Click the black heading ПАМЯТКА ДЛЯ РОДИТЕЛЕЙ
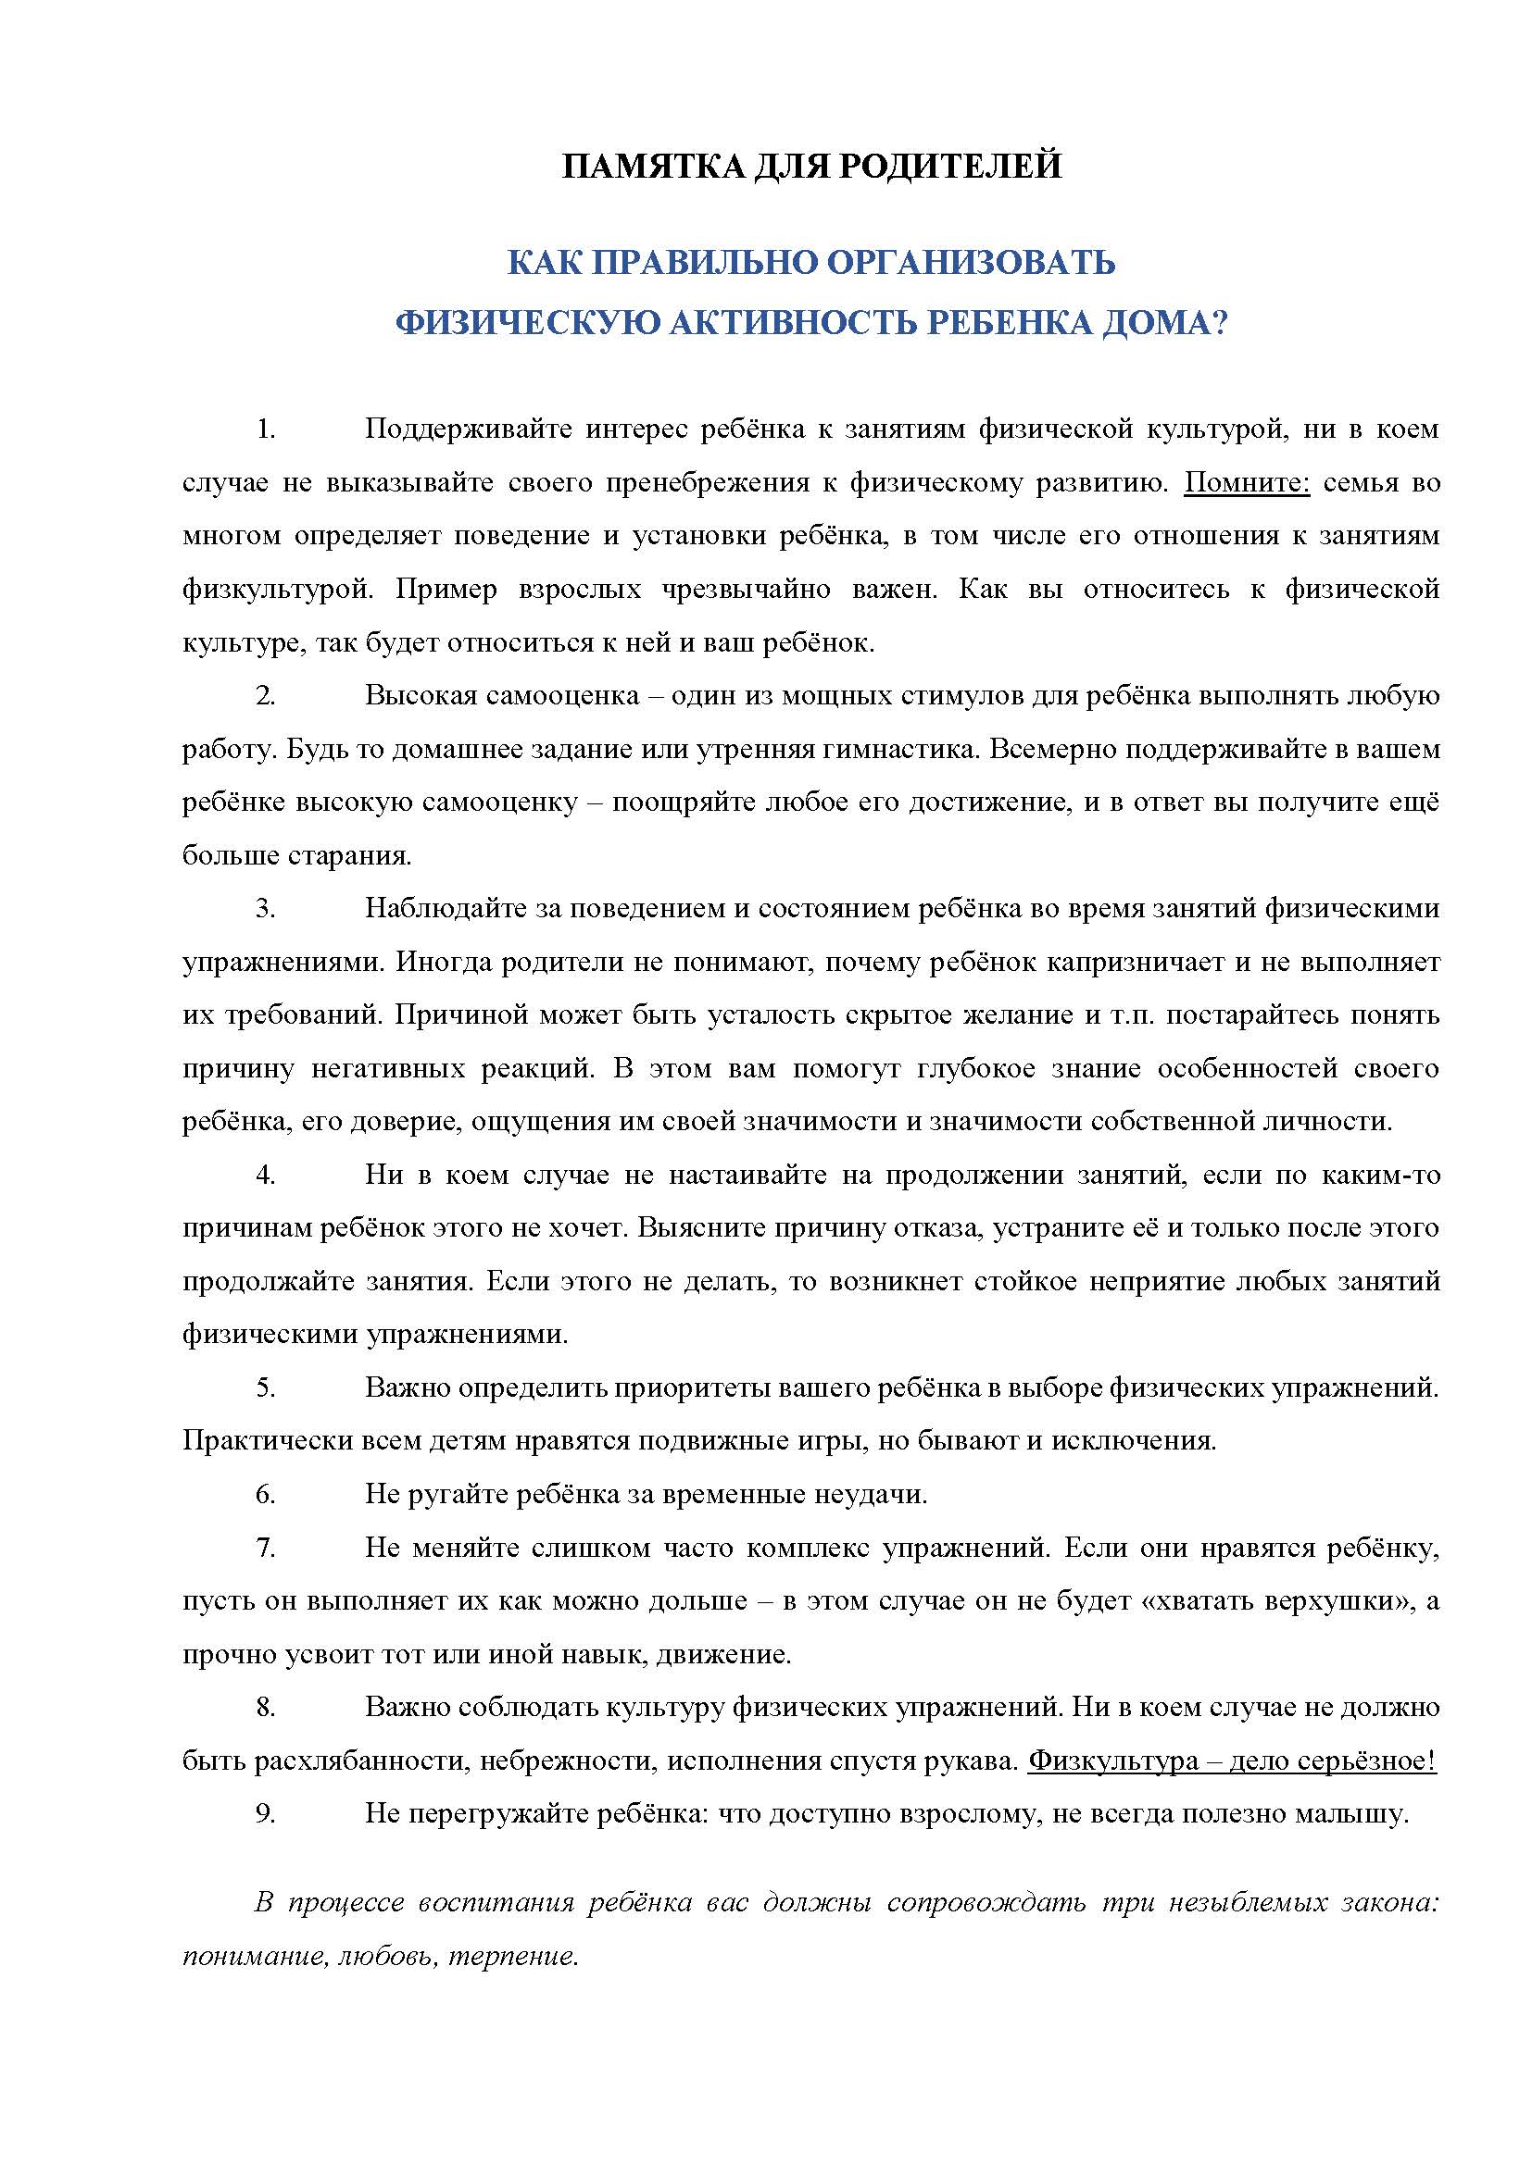(811, 166)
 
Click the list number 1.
(265, 430)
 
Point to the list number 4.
(265, 1175)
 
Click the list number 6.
(265, 1495)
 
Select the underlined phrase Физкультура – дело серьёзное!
(1232, 1761)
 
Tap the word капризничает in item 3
(1147, 963)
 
